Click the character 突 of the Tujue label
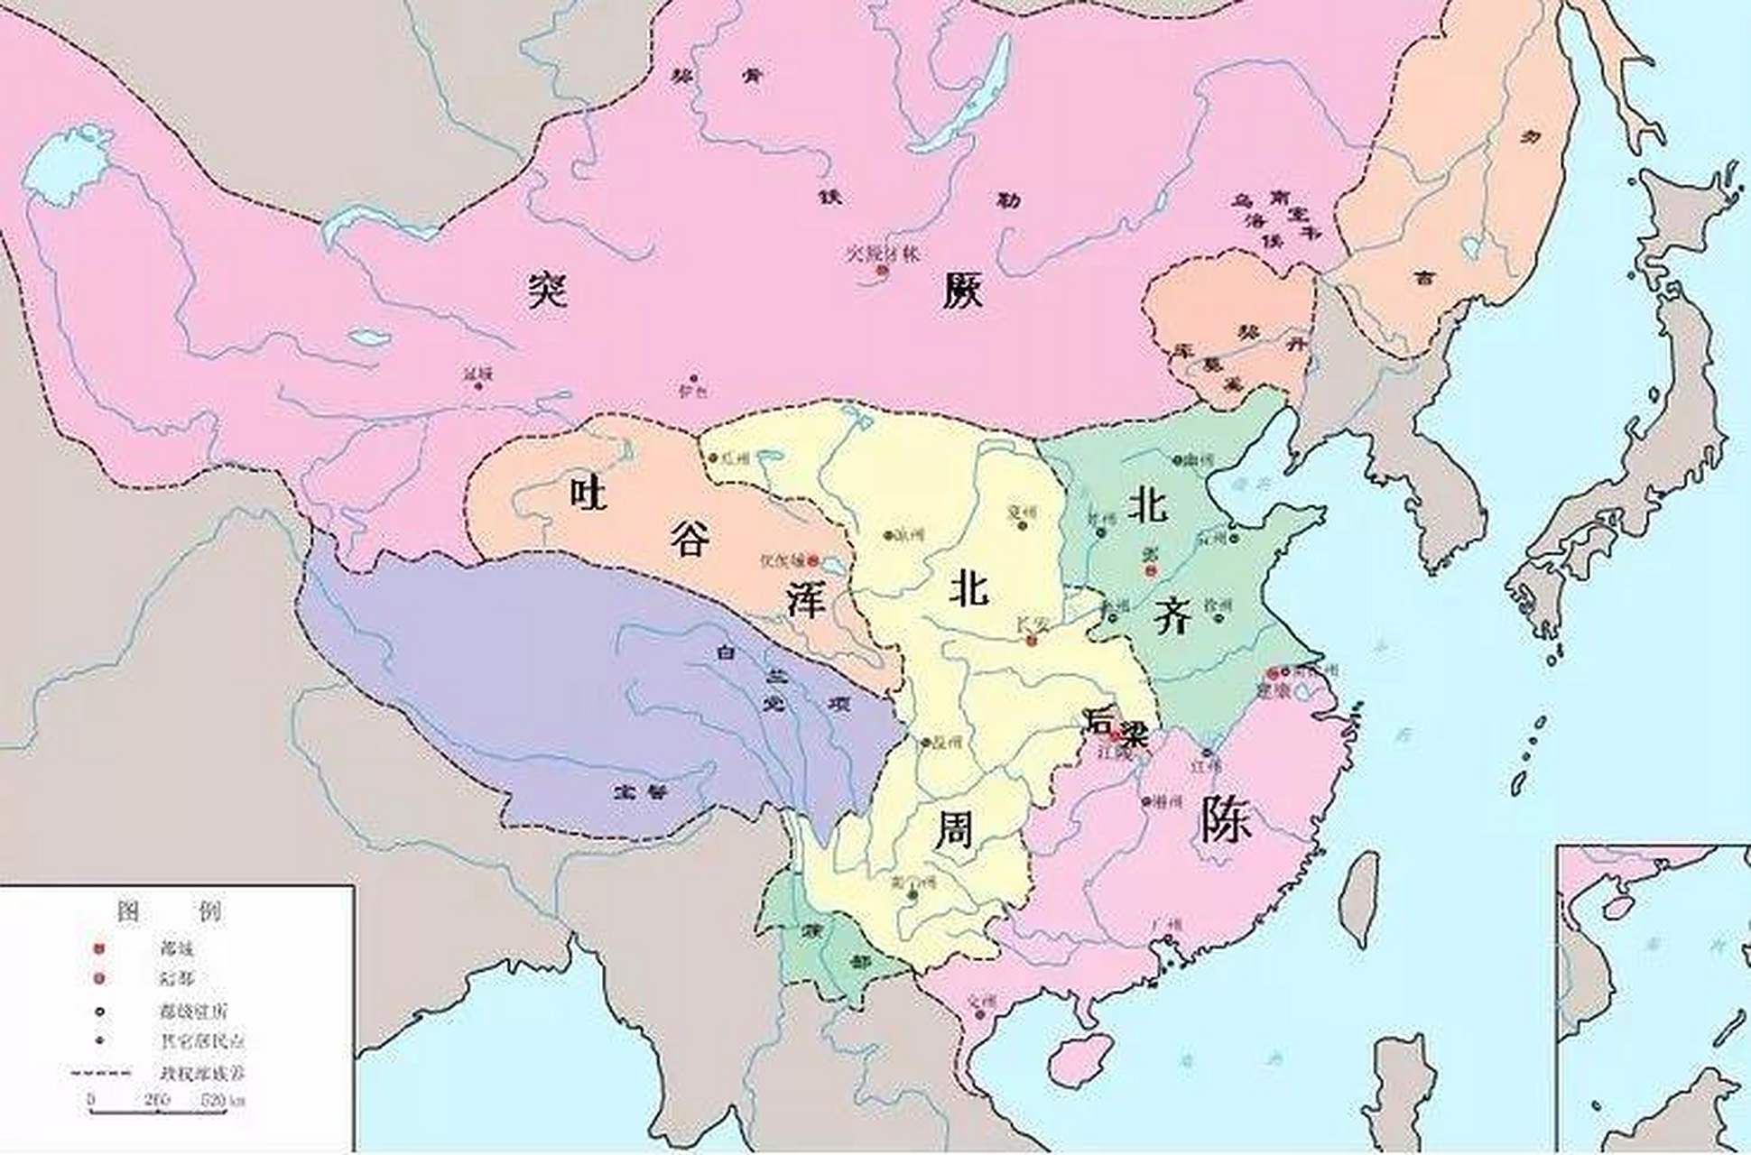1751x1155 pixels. click(x=548, y=291)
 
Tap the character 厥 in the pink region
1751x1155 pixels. click(x=962, y=291)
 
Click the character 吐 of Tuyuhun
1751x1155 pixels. click(x=588, y=493)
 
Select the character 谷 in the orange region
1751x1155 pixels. click(x=690, y=539)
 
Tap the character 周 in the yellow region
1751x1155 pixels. click(x=953, y=828)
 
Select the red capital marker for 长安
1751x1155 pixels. click(x=1033, y=640)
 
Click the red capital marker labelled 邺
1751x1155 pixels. click(x=1150, y=570)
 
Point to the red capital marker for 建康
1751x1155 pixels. click(x=1273, y=673)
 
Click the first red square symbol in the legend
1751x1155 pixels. click(x=99, y=948)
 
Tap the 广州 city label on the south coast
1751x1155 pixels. click(x=1166, y=925)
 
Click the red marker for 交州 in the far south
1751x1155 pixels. click(x=980, y=1015)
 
